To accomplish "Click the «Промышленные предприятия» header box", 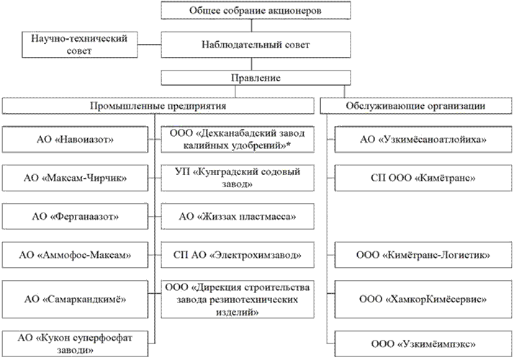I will (158, 106).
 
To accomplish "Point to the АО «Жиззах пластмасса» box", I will (237, 216).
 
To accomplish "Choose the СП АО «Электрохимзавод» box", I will (237, 255).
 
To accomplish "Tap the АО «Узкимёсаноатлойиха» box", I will (420, 138).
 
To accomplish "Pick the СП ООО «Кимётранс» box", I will (420, 176).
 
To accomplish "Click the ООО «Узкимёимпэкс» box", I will (420, 343).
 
